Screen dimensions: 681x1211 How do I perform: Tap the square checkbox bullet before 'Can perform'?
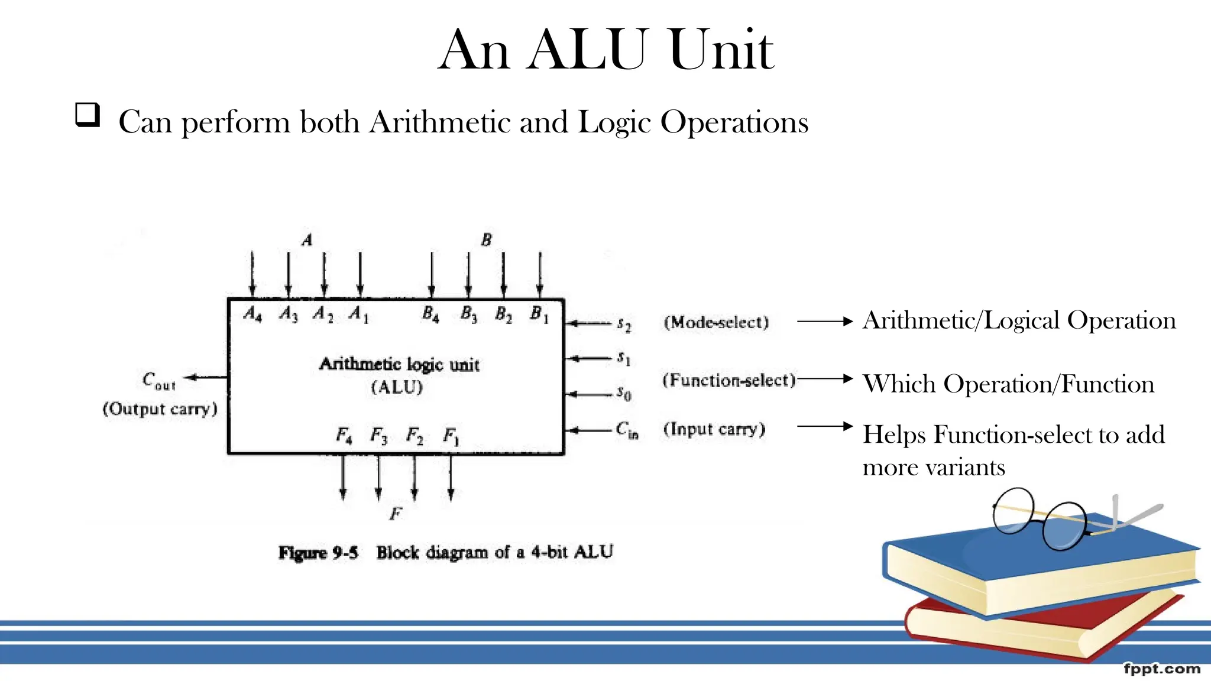tap(88, 115)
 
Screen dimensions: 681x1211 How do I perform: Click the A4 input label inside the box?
tap(252, 314)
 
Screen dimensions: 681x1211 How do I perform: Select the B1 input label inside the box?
tap(539, 314)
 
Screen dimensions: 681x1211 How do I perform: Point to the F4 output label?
tap(344, 436)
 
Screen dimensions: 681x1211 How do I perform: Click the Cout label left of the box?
tap(158, 380)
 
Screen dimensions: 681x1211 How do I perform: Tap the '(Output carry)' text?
tap(160, 409)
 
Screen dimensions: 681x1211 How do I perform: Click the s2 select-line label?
tap(624, 324)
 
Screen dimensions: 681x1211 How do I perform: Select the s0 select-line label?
tap(624, 393)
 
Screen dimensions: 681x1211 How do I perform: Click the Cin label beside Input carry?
tap(627, 430)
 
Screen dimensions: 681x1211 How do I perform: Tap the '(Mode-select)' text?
tap(716, 322)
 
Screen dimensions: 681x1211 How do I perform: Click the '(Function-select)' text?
tap(729, 380)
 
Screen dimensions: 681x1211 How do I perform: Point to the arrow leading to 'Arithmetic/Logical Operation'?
tap(825, 322)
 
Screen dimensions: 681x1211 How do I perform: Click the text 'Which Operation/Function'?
tap(1008, 384)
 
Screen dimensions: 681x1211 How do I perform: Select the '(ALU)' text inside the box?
tap(397, 387)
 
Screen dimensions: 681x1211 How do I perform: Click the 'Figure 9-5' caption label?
tap(318, 553)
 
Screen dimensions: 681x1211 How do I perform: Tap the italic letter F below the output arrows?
tap(396, 514)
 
